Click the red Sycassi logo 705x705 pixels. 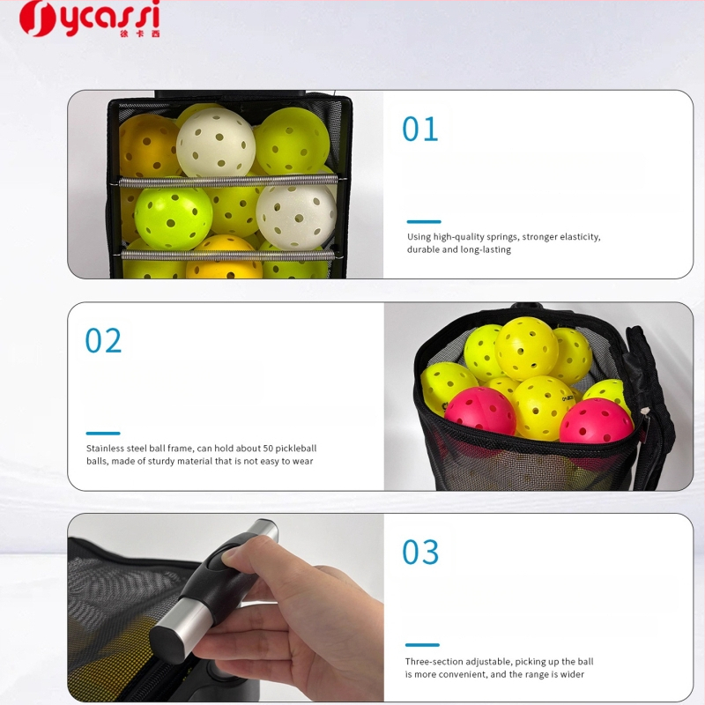(x=89, y=19)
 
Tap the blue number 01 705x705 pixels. (x=420, y=129)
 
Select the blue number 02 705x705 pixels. (x=103, y=340)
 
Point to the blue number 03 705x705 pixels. (x=420, y=552)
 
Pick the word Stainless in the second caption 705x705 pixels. (x=105, y=449)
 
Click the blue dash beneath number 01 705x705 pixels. (x=424, y=222)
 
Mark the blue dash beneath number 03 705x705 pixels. (x=422, y=645)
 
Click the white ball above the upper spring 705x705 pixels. (x=216, y=142)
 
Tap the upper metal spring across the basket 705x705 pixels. (x=228, y=182)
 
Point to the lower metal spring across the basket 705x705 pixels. (x=228, y=256)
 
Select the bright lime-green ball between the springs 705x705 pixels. (x=174, y=219)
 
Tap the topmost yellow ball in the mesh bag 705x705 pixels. (x=526, y=349)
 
